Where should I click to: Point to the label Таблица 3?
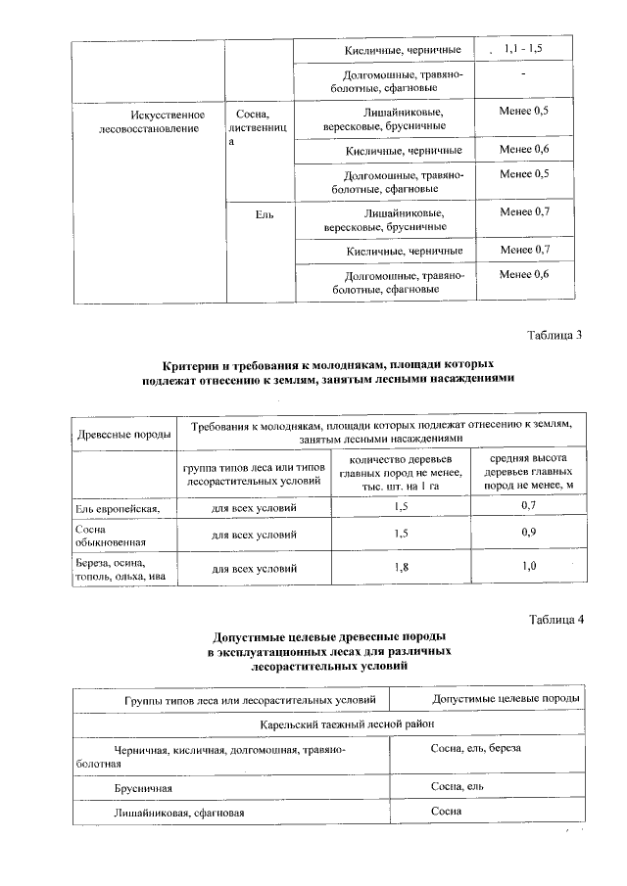point(555,336)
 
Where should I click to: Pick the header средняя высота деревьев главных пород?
point(521,472)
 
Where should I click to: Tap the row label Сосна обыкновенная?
point(104,535)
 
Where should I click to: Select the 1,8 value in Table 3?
point(400,568)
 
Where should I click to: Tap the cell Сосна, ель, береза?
point(476,748)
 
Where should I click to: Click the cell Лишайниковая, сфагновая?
point(177,812)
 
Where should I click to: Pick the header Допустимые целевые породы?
point(506,699)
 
